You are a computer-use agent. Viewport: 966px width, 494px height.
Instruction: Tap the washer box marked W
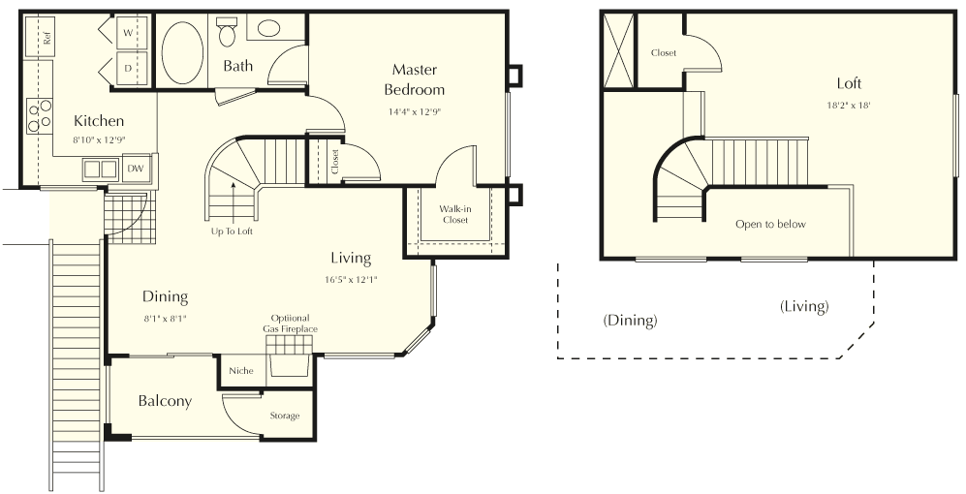click(x=128, y=33)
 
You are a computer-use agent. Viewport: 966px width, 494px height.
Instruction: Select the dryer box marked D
click(x=128, y=68)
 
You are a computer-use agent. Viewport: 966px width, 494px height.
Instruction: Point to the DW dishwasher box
click(x=137, y=169)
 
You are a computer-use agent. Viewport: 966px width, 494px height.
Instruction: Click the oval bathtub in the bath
click(x=181, y=52)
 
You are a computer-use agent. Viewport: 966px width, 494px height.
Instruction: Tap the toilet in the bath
click(x=228, y=33)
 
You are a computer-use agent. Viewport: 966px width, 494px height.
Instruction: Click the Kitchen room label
click(x=99, y=121)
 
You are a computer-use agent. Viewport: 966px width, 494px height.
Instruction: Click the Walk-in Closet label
click(x=454, y=214)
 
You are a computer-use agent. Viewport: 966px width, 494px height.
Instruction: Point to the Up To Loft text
click(x=232, y=231)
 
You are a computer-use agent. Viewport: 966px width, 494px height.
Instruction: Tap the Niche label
click(x=239, y=371)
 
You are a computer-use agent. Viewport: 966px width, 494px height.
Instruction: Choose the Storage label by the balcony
click(x=285, y=416)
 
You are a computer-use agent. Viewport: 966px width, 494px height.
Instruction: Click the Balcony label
click(x=165, y=401)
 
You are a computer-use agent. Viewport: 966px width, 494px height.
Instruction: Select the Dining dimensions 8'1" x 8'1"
click(x=165, y=318)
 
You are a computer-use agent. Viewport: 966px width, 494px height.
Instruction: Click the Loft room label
click(x=850, y=83)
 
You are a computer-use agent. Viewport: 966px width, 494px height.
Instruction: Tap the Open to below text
click(x=770, y=225)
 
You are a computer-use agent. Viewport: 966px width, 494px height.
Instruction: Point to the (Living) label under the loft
click(x=804, y=306)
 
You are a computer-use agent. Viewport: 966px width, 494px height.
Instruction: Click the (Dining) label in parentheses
click(x=630, y=320)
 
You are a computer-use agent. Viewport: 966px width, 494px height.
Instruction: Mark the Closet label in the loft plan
click(x=664, y=53)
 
